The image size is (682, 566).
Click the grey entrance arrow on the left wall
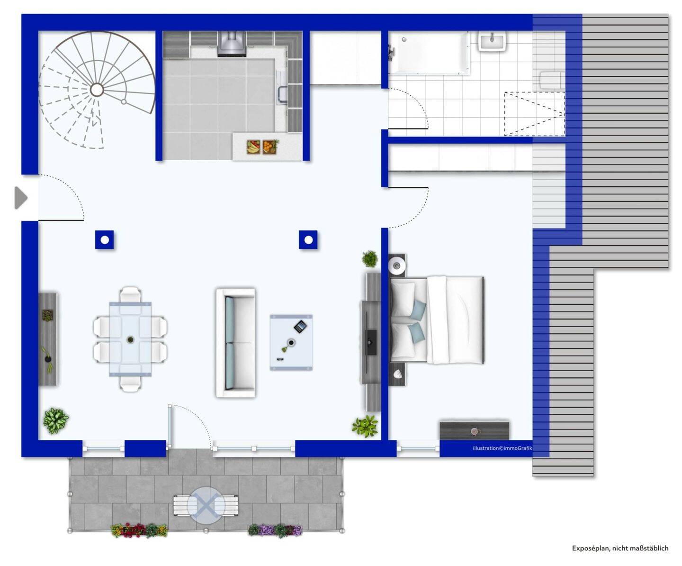click(x=20, y=198)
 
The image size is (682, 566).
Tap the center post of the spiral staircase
click(x=97, y=90)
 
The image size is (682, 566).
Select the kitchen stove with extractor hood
click(x=232, y=44)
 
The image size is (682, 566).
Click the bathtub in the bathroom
click(x=428, y=53)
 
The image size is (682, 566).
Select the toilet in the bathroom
click(x=550, y=80)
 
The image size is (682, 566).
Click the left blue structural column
click(x=105, y=240)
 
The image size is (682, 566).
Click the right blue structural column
click(x=308, y=240)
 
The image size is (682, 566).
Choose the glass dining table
click(x=130, y=339)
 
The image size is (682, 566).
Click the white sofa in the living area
click(x=236, y=343)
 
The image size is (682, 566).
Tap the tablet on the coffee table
click(x=300, y=326)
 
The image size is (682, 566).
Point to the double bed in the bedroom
click(x=437, y=320)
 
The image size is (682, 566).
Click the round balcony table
click(x=205, y=505)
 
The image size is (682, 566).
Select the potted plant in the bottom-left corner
click(x=55, y=420)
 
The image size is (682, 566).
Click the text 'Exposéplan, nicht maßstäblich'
click(x=620, y=548)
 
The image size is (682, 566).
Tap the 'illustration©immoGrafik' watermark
click(x=502, y=448)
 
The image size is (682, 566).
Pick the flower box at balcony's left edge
click(x=139, y=530)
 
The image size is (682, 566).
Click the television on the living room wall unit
click(x=372, y=342)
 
